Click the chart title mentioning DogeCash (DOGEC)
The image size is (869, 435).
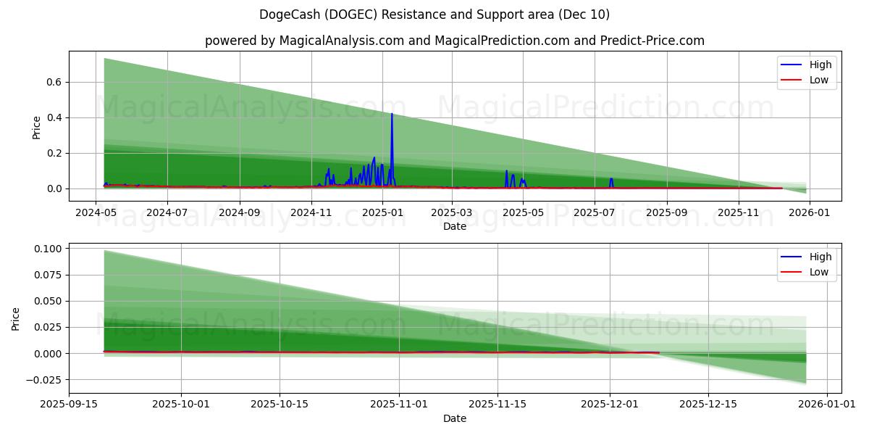(434, 14)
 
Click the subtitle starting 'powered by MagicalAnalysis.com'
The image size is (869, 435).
(454, 41)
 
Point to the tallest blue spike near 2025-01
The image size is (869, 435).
(392, 115)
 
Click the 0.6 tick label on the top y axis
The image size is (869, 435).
(54, 82)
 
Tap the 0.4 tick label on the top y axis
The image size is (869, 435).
(54, 117)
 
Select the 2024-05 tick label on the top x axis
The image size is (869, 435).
(96, 213)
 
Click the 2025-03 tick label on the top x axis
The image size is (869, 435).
(452, 213)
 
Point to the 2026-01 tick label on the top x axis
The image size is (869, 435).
(809, 213)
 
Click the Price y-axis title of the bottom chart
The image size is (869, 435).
(16, 319)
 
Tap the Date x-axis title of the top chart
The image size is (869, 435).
(454, 226)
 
